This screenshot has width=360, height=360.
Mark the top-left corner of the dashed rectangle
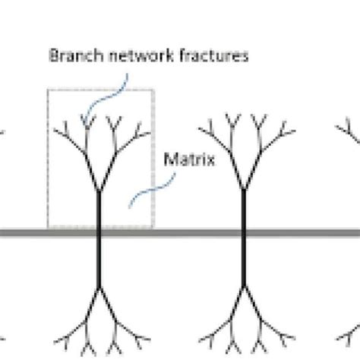(49, 90)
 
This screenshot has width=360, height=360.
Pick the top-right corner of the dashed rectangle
(154, 90)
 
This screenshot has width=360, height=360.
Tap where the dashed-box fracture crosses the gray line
(99, 232)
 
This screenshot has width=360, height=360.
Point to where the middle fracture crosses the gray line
(245, 232)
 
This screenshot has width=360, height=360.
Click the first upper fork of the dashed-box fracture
(99, 190)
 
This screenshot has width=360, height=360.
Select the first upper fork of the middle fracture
(245, 190)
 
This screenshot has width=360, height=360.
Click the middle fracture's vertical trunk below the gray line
(245, 262)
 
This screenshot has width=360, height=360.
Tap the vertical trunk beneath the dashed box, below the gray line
(99, 262)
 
